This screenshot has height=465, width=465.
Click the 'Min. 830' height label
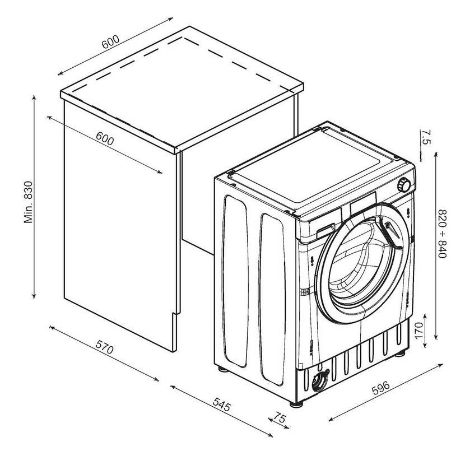(28, 202)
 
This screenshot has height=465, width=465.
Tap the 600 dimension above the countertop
(110, 42)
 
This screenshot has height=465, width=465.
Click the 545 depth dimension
(221, 404)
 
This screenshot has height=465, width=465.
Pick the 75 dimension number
(279, 418)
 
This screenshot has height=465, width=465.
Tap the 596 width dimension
(381, 388)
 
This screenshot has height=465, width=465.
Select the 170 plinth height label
(418, 331)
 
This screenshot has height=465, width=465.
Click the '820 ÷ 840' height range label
(443, 234)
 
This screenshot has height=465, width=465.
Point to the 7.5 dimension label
(426, 137)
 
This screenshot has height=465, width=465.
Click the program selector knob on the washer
(404, 185)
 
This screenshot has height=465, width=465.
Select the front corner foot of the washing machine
(296, 404)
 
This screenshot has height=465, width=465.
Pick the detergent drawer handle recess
(325, 230)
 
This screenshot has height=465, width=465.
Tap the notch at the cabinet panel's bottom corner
(174, 314)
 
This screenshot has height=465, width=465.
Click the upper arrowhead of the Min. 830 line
(34, 98)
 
